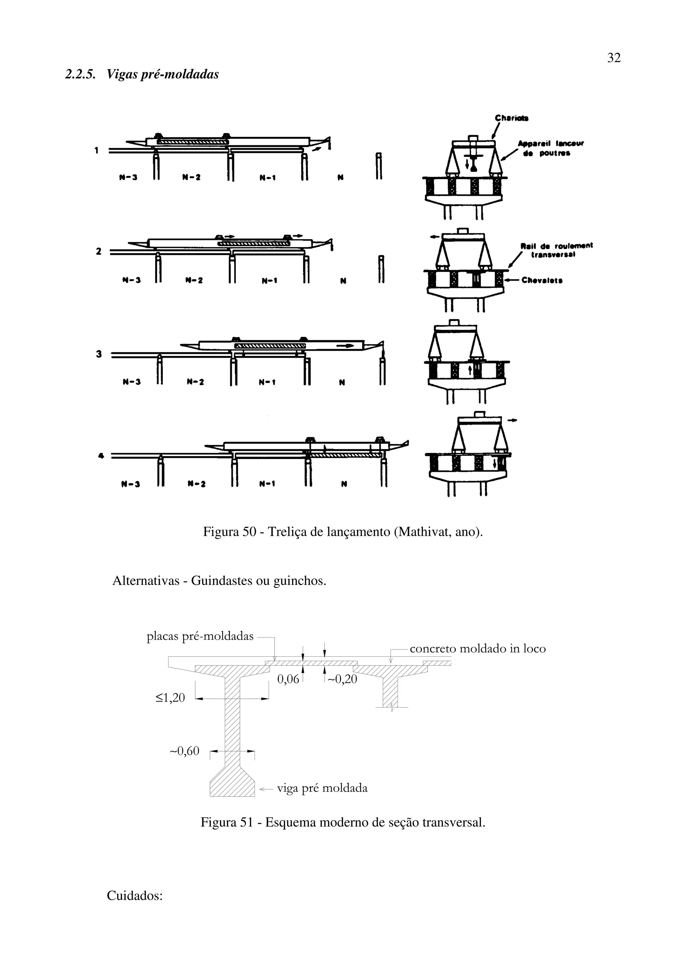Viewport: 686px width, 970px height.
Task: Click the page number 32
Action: click(x=614, y=58)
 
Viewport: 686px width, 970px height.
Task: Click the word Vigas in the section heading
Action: click(x=121, y=74)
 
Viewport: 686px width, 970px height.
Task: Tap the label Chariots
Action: click(x=511, y=118)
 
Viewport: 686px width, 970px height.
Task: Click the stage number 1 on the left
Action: click(x=97, y=150)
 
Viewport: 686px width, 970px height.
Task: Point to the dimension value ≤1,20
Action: click(x=170, y=698)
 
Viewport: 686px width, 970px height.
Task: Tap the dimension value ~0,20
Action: click(x=342, y=679)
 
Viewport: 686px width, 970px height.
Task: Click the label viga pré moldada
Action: click(x=322, y=788)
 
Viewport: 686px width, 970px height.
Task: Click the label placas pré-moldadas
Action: click(x=200, y=636)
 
